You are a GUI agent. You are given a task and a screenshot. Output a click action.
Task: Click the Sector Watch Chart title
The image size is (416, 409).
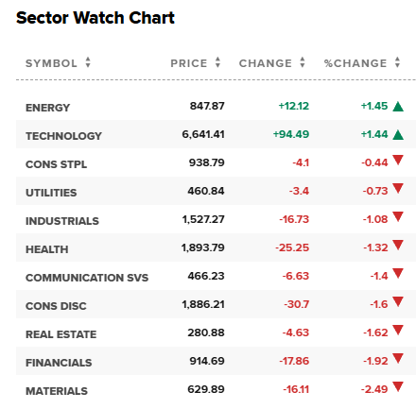point(95,18)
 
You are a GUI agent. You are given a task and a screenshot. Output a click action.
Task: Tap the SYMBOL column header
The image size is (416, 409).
point(51,63)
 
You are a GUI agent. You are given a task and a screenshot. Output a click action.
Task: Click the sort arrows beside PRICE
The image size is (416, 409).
point(217,62)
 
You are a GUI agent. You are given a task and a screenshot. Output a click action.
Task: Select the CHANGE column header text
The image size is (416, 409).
point(266,63)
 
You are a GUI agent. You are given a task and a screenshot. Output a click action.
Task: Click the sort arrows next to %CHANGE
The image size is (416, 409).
point(397,62)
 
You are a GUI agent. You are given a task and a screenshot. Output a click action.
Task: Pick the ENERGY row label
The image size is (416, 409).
point(48,108)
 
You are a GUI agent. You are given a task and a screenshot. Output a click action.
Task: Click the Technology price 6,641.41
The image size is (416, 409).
point(203,134)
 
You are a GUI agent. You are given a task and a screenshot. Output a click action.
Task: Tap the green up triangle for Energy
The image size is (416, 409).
point(398,107)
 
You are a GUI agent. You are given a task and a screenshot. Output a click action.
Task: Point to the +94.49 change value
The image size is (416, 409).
point(291,134)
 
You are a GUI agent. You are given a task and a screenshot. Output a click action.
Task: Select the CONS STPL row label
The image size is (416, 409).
point(56,164)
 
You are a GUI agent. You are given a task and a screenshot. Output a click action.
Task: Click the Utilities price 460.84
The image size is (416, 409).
point(206,191)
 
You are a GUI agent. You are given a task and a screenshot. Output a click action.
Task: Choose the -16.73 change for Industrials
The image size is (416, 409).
point(294,219)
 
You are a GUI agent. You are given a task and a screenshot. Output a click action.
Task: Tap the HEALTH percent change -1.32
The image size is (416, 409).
point(375,247)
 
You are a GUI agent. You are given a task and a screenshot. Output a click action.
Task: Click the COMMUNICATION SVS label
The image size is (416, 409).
point(87,278)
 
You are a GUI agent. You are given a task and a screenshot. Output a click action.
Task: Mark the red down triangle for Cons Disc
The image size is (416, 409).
point(398,301)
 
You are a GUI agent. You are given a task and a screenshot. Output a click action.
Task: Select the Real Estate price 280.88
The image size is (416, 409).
point(206,332)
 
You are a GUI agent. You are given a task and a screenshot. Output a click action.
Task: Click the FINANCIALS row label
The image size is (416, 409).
point(59,363)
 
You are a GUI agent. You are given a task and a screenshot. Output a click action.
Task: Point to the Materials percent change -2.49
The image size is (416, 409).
point(374,389)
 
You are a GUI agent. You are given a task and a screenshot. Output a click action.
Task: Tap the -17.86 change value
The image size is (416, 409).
point(294,361)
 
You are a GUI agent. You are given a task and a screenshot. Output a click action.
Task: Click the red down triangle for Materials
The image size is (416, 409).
point(398,386)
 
